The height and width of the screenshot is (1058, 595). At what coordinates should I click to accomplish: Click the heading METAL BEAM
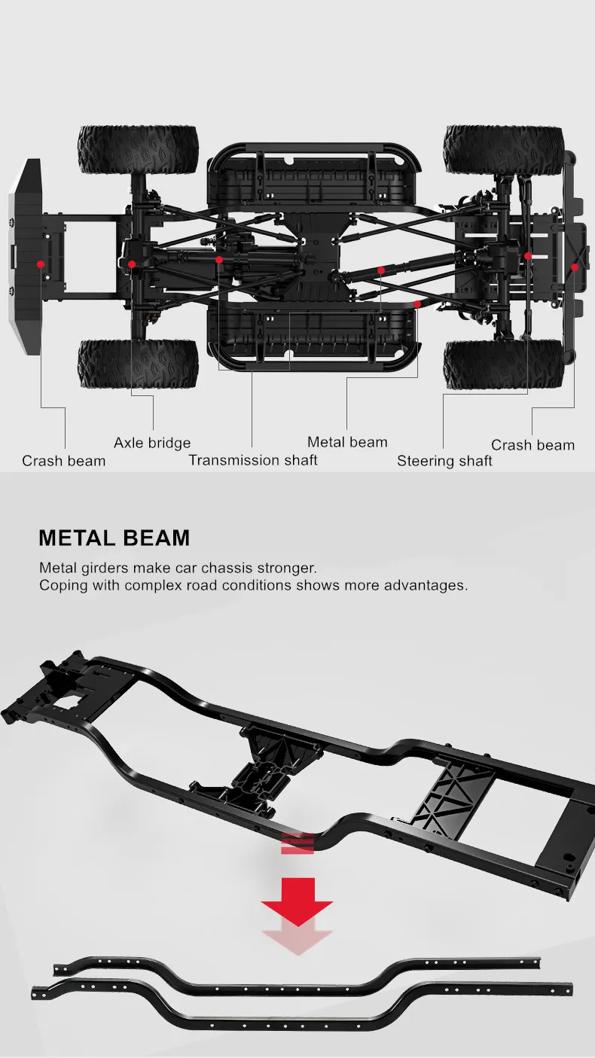pyautogui.click(x=114, y=538)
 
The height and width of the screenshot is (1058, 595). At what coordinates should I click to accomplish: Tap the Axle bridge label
pyautogui.click(x=152, y=443)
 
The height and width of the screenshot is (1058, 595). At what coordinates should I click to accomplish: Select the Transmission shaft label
pyautogui.click(x=253, y=460)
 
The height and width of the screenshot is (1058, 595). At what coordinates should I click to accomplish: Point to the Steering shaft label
pyautogui.click(x=444, y=461)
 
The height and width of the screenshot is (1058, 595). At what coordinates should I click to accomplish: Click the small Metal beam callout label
pyautogui.click(x=347, y=442)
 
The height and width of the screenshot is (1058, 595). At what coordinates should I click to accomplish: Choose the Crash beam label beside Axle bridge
pyautogui.click(x=63, y=461)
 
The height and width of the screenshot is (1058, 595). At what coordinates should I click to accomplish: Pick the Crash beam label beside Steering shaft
pyautogui.click(x=532, y=445)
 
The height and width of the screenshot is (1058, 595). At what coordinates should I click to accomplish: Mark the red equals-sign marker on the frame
pyautogui.click(x=297, y=843)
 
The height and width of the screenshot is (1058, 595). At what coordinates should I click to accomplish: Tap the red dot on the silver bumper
pyautogui.click(x=40, y=264)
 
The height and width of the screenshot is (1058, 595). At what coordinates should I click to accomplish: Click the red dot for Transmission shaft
pyautogui.click(x=218, y=260)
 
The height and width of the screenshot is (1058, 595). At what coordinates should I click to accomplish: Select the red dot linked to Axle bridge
pyautogui.click(x=132, y=264)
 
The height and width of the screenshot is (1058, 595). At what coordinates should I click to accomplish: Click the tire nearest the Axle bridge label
pyautogui.click(x=139, y=364)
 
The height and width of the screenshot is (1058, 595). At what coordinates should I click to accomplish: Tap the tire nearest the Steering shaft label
pyautogui.click(x=503, y=364)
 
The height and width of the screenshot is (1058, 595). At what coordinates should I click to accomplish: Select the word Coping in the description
pyautogui.click(x=63, y=585)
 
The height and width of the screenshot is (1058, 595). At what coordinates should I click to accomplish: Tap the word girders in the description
pyautogui.click(x=105, y=567)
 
